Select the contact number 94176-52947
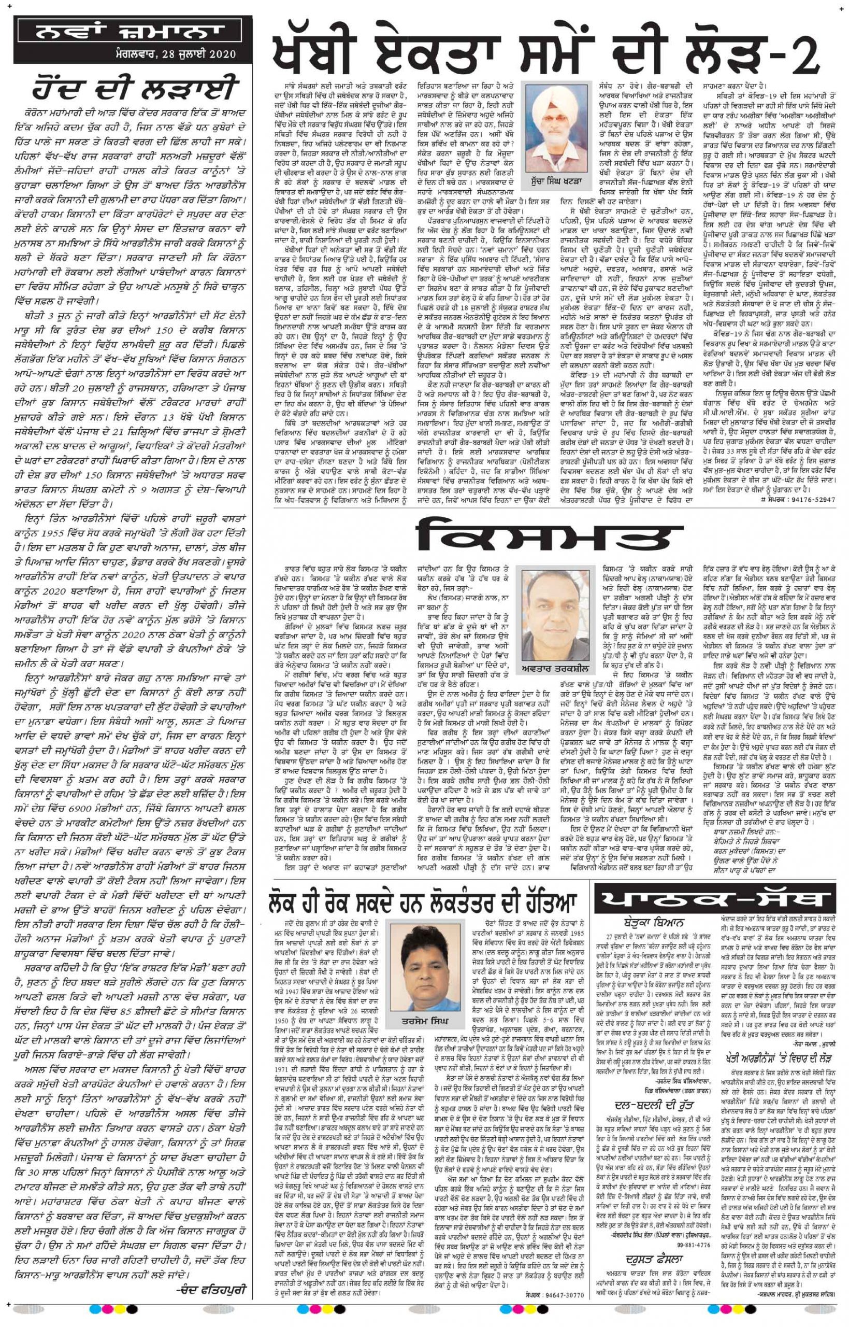click(809, 499)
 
